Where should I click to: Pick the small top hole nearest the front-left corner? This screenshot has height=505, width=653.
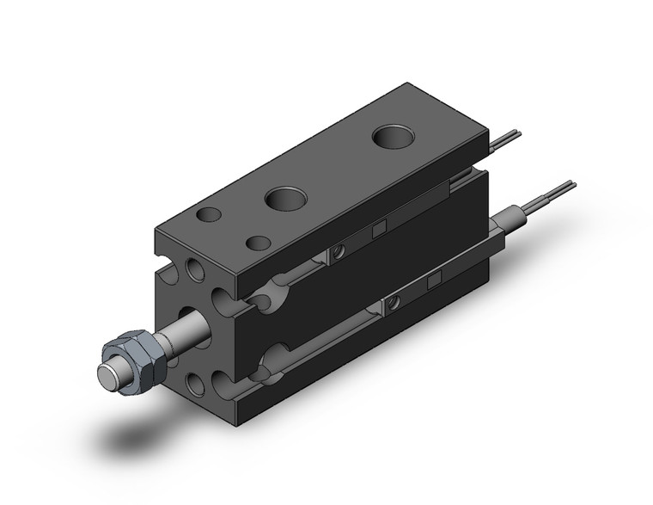coord(207,215)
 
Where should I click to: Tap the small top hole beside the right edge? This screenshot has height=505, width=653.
coord(256,243)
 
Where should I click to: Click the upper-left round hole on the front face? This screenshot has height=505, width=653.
coord(197,272)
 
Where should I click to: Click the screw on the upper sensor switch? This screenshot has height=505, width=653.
coord(339,251)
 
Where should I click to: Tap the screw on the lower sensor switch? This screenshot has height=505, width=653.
coord(393,303)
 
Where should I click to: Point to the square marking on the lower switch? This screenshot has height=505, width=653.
coord(434,280)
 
